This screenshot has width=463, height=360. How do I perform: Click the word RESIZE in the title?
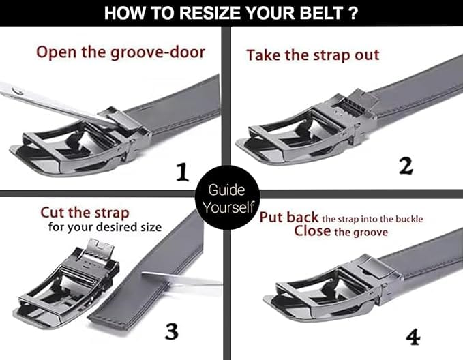click(211, 13)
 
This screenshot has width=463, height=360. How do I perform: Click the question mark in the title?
click(353, 13)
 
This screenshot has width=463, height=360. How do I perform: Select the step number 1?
click(182, 172)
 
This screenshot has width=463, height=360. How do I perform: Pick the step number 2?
click(406, 166)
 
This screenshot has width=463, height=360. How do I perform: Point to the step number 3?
click(172, 331)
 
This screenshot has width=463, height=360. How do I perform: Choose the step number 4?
click(413, 337)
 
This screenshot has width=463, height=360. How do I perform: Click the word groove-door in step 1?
click(158, 53)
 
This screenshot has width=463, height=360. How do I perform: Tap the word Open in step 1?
click(57, 52)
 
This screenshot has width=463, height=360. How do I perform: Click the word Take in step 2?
click(263, 55)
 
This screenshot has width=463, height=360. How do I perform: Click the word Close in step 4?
click(312, 230)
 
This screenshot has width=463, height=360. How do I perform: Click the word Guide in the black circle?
click(226, 190)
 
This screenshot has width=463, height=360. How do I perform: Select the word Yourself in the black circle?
click(228, 207)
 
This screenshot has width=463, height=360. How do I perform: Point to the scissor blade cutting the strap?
click(181, 279)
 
